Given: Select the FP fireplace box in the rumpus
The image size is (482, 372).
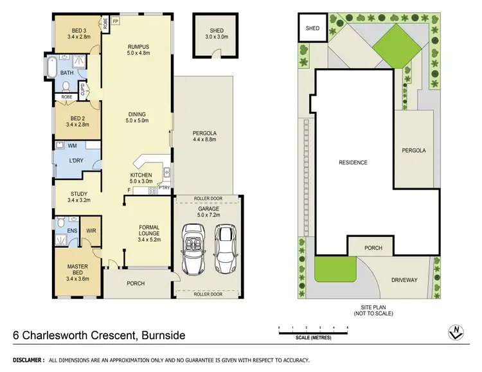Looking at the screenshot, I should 116,21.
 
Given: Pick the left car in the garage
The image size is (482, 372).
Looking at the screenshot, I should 193,249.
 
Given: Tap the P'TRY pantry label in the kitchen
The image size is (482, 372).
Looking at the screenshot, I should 165,188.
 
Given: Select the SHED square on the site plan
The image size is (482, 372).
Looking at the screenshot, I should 312,28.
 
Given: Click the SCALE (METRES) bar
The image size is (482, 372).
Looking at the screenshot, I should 313,330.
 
